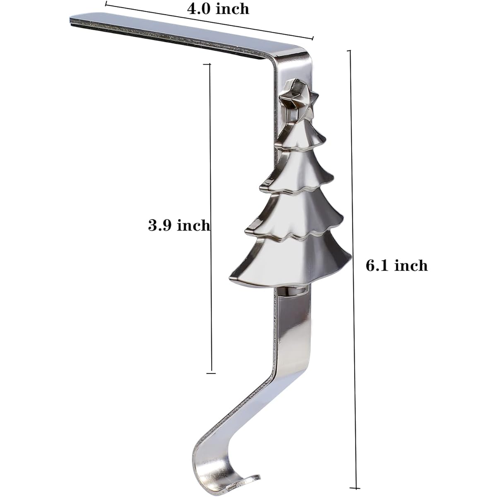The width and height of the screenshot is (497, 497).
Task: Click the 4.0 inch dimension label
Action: point(218,10)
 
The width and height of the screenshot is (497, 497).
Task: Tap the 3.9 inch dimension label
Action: point(179,225)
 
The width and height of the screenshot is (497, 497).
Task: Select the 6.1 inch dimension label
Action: point(397,265)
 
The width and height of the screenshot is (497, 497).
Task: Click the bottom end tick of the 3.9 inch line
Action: point(211,373)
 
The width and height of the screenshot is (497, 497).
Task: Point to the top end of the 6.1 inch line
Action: point(350,51)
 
